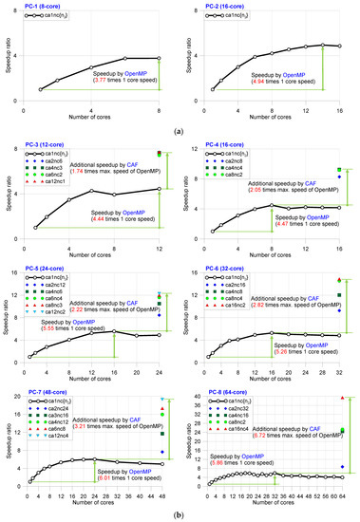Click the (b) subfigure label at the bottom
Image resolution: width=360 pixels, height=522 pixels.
point(180,513)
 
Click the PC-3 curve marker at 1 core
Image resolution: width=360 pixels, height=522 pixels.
point(36,228)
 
